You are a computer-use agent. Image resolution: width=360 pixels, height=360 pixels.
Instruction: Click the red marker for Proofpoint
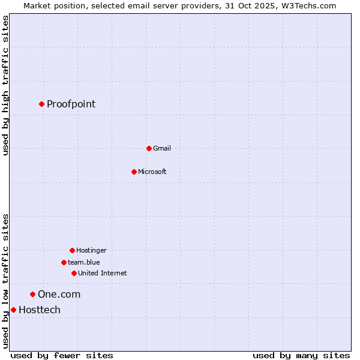[41, 104]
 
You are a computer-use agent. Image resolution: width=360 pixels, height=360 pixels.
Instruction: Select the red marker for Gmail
[149, 148]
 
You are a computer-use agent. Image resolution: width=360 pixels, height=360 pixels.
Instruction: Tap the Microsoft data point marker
[134, 172]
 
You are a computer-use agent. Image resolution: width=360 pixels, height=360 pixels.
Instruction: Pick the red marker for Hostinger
[72, 250]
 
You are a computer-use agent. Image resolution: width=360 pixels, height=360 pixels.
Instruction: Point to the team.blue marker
[64, 262]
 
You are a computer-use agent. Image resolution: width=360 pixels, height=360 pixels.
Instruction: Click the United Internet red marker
[74, 273]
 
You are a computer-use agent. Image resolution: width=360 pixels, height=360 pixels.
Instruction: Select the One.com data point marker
[32, 294]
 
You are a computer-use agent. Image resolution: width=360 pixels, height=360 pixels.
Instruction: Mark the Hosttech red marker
[13, 310]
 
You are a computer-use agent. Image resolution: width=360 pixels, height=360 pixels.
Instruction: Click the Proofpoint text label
[71, 104]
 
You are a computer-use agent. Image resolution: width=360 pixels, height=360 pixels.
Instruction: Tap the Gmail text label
[161, 148]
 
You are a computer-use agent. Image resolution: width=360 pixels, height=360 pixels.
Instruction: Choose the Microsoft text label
[152, 172]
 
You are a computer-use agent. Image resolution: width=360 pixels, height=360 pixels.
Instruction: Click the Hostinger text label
[91, 250]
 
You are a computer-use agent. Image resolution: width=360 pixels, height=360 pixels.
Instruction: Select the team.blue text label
[83, 262]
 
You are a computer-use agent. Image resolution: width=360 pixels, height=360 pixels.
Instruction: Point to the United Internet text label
[102, 273]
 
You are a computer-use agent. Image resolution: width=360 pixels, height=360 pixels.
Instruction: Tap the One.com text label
[59, 294]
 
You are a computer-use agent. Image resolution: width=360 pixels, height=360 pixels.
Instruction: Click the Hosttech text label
[40, 310]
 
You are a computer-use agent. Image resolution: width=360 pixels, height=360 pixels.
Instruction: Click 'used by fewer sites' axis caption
[62, 355]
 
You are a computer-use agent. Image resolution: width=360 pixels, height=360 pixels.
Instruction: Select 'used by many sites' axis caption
[301, 355]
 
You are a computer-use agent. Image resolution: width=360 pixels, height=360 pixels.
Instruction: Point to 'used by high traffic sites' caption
[5, 86]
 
